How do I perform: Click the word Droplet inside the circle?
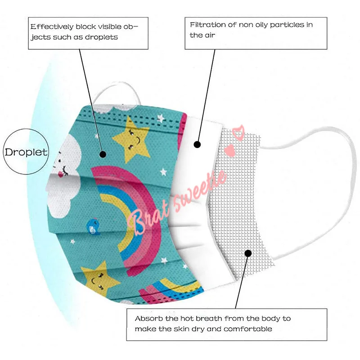26,152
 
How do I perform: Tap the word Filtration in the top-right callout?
207,25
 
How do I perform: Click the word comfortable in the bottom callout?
248,329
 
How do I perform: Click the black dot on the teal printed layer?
103,154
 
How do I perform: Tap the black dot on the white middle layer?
197,144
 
